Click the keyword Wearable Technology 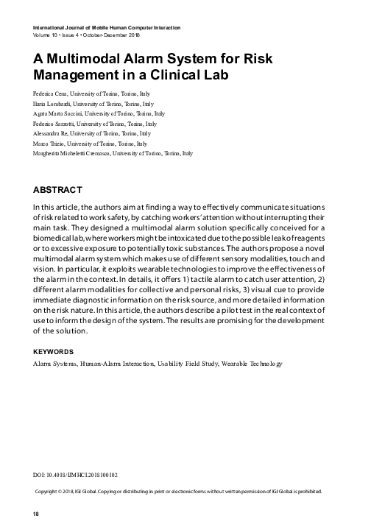(x=251, y=364)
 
